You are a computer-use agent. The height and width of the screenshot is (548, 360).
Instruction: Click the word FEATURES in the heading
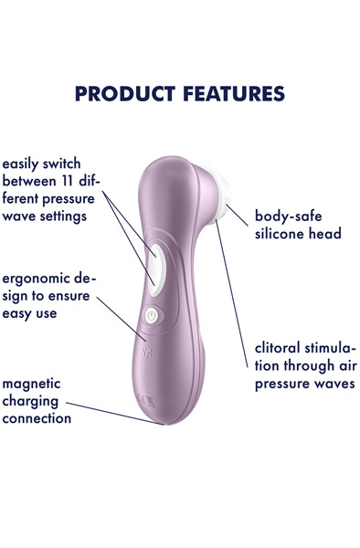click(x=228, y=94)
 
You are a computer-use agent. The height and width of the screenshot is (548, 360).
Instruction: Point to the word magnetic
click(x=32, y=384)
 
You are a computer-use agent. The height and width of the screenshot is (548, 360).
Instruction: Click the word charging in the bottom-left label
click(x=30, y=401)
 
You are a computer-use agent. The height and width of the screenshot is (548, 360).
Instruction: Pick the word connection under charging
click(x=37, y=418)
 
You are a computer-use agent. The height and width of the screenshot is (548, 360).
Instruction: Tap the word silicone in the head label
click(x=279, y=234)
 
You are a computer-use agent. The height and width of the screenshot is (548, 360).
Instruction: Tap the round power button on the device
click(x=152, y=316)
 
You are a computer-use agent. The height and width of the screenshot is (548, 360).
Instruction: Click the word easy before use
click(x=19, y=313)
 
